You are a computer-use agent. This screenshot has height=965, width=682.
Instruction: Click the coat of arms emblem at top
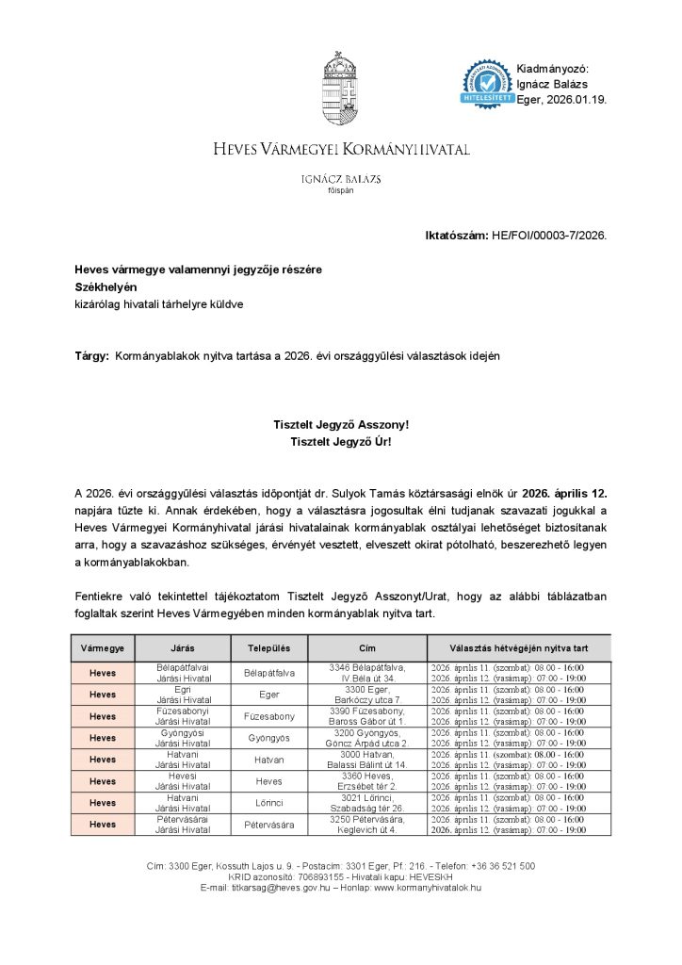click(340, 90)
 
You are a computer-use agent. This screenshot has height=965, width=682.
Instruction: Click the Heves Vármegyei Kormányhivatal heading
click(341, 150)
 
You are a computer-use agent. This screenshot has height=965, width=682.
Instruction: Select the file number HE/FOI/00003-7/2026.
click(549, 235)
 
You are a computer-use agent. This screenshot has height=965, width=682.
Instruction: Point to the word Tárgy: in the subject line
click(91, 356)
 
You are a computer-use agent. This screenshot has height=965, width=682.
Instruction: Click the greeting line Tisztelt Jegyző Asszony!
click(341, 425)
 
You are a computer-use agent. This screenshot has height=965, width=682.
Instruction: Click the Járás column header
click(183, 648)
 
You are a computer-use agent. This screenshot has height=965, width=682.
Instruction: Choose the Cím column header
click(367, 648)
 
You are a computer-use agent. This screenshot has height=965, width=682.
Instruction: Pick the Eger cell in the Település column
click(268, 695)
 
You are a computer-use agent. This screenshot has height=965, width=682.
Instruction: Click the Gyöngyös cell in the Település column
click(268, 738)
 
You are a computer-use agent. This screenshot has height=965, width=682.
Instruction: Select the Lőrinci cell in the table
click(268, 803)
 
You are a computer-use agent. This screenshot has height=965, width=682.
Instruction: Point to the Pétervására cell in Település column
click(268, 825)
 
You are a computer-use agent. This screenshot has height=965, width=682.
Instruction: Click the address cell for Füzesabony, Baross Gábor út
click(367, 716)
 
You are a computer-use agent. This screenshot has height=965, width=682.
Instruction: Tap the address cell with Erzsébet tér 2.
click(367, 781)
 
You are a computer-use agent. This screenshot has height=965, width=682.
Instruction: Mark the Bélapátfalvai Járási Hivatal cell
click(183, 672)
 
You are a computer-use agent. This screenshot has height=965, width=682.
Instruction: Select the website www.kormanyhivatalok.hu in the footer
click(428, 888)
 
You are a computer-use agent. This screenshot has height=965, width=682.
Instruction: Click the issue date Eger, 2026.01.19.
click(562, 99)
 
